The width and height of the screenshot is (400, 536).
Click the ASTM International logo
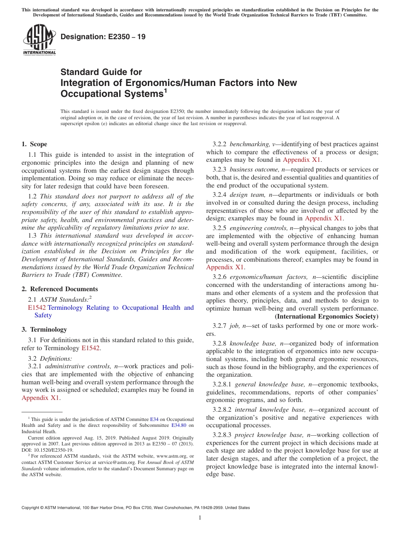[x=39, y=40]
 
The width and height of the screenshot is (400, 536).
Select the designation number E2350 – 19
[x=103, y=37]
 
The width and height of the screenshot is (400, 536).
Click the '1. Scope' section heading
[x=35, y=144]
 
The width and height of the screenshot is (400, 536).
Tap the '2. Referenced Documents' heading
[x=59, y=289]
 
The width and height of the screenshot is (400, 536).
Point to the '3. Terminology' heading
[x=44, y=330]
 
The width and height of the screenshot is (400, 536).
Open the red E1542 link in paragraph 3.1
[x=91, y=348]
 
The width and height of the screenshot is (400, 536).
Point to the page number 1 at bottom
[x=200, y=517]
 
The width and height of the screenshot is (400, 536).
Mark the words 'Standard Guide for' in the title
[x=101, y=72]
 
